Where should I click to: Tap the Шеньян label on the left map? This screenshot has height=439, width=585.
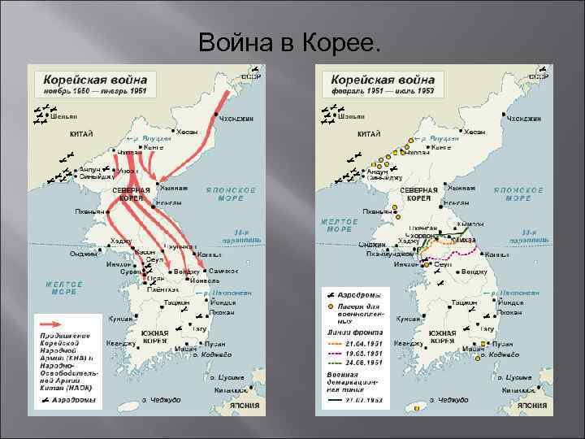[64, 117]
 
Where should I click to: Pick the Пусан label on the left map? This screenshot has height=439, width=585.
[215, 344]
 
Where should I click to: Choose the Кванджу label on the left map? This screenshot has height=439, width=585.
[121, 344]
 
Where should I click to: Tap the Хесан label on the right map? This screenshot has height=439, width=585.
[474, 132]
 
